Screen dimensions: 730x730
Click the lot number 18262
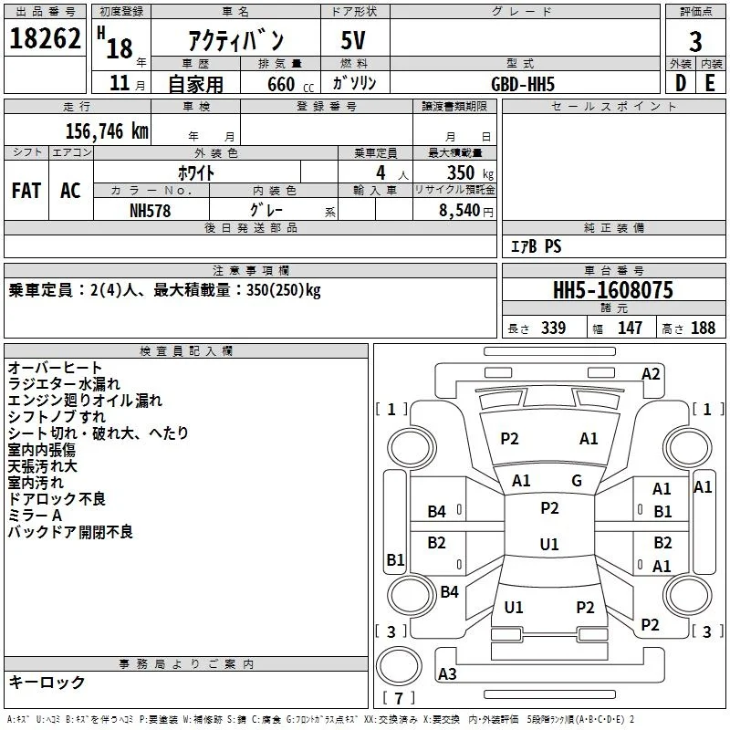pyautogui.click(x=45, y=38)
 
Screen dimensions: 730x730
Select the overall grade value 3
pyautogui.click(x=695, y=42)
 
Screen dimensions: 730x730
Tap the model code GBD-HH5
pyautogui.click(x=523, y=84)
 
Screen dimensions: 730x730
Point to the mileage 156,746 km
pyautogui.click(x=107, y=131)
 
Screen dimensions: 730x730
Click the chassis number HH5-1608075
pyautogui.click(x=612, y=290)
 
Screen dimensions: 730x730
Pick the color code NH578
pyautogui.click(x=150, y=211)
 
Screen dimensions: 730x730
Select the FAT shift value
pyautogui.click(x=26, y=191)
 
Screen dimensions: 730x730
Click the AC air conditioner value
pyautogui.click(x=70, y=191)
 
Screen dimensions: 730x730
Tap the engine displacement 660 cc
pyautogui.click(x=290, y=84)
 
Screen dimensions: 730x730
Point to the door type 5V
pyautogui.click(x=353, y=40)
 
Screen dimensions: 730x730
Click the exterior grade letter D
pyautogui.click(x=681, y=83)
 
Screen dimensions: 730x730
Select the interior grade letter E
pyautogui.click(x=710, y=83)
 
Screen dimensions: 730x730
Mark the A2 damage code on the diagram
pyautogui.click(x=651, y=374)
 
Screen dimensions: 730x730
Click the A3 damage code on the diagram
pyautogui.click(x=447, y=673)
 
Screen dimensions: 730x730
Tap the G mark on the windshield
pyautogui.click(x=577, y=481)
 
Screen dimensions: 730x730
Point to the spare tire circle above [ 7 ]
pyautogui.click(x=399, y=667)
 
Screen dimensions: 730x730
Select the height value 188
pyautogui.click(x=703, y=328)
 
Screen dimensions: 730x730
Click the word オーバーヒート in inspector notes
pyautogui.click(x=55, y=368)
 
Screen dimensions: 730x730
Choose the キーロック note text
pyautogui.click(x=47, y=682)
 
